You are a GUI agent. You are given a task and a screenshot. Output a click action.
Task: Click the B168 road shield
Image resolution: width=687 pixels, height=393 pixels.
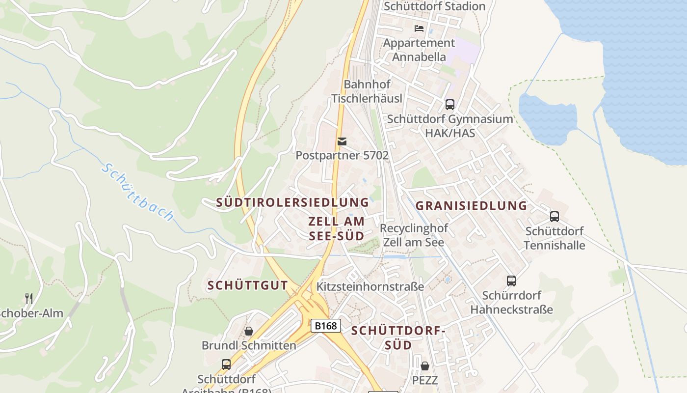326,326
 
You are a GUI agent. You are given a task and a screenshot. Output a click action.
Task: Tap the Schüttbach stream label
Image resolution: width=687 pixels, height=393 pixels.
138,192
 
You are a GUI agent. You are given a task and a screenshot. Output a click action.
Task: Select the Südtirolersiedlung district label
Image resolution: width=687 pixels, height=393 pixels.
292,202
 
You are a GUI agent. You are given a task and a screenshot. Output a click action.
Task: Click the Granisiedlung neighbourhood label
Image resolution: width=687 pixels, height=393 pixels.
471,205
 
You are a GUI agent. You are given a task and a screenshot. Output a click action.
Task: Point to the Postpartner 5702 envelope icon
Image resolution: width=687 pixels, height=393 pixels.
342,141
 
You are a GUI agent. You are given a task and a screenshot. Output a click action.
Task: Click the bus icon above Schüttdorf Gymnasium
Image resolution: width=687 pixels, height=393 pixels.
449,104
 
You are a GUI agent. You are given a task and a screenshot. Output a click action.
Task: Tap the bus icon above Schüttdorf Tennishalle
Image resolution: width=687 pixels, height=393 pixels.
555,216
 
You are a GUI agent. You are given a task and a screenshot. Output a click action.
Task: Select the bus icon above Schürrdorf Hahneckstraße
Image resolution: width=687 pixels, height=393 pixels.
511,281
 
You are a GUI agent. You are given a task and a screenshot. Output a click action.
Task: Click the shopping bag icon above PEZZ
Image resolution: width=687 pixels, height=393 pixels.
425,366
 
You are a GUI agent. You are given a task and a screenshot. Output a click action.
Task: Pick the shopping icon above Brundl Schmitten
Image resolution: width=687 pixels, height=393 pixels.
249,331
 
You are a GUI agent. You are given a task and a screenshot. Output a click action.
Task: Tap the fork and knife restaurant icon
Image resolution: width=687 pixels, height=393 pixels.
29,298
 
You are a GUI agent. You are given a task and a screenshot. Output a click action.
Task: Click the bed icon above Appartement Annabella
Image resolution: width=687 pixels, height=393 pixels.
419,28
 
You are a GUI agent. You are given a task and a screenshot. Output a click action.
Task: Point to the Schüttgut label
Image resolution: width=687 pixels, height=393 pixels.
247,285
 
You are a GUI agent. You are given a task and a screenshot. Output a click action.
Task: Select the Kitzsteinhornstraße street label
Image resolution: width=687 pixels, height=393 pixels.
370,286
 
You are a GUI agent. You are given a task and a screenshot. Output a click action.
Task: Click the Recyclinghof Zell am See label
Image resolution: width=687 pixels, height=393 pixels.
414,235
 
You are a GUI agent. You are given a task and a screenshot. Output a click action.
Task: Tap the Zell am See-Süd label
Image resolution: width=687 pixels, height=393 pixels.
337,228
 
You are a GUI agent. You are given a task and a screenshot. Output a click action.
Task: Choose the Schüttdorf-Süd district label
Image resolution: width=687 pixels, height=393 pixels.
398,338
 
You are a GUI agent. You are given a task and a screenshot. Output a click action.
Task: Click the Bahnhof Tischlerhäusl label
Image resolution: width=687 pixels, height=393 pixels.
367,91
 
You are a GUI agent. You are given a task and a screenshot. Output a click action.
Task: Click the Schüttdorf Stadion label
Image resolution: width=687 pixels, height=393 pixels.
434,6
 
